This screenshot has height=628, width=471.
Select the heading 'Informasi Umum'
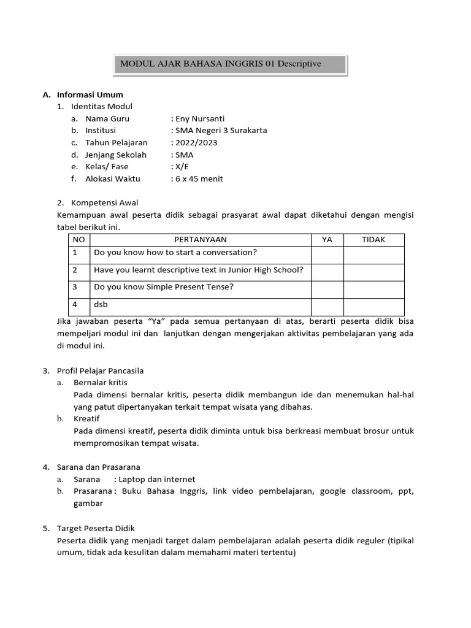90,94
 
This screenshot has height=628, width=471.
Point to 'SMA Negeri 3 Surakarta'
221,131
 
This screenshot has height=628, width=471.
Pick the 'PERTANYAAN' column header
201,240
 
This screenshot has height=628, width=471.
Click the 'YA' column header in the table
327,240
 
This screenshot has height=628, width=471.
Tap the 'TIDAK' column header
373,240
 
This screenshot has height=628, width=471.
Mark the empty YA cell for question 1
327,255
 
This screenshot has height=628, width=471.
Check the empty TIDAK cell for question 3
373,289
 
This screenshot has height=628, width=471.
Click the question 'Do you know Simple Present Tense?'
164,286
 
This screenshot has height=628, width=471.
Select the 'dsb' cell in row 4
101,304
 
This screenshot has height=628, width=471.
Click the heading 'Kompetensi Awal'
105,202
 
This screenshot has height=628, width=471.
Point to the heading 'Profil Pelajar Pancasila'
109,370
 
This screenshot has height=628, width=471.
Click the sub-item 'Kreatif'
86,418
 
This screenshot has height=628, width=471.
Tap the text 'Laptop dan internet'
157,479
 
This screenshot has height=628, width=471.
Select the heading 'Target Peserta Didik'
104,527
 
